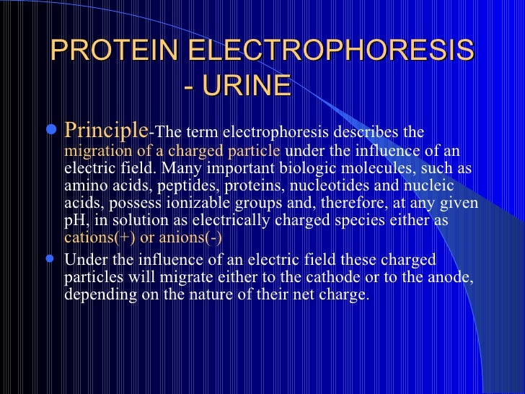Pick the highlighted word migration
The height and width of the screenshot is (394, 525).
click(94, 152)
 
